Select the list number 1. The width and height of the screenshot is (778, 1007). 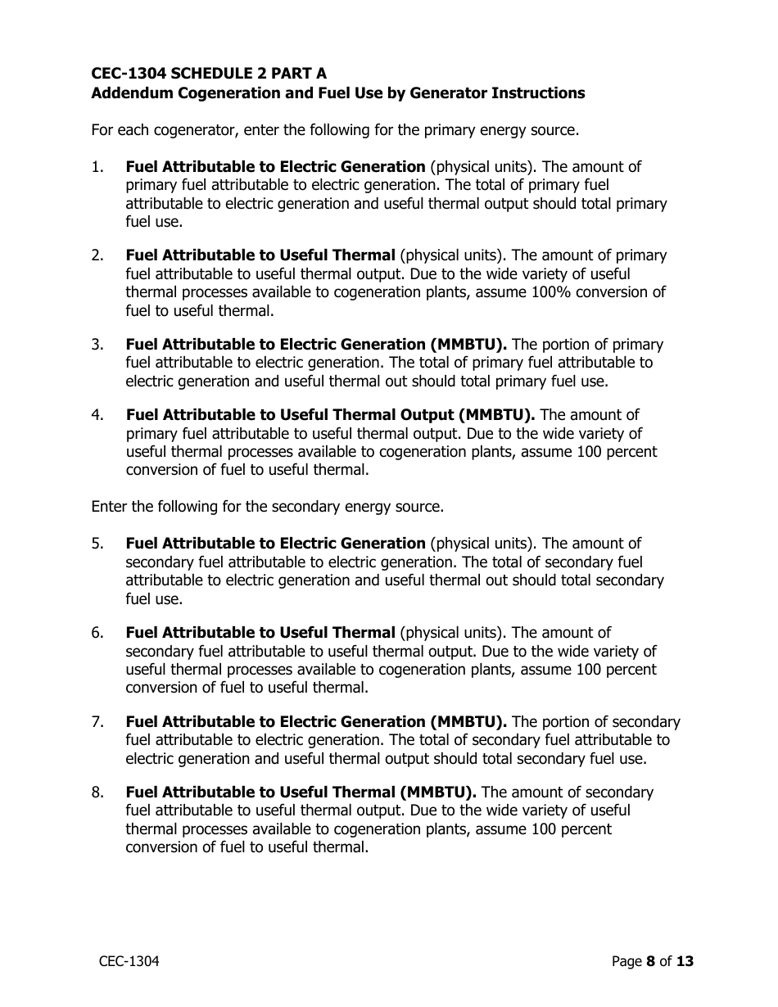tap(97, 167)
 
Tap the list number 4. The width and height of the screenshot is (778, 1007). tap(97, 415)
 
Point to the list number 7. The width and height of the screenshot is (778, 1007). tap(97, 722)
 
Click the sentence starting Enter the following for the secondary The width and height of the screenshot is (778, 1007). tap(267, 507)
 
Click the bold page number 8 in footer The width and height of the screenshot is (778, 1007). tap(650, 961)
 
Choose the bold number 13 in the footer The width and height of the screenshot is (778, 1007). tap(685, 961)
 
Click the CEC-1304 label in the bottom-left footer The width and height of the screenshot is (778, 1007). tap(124, 961)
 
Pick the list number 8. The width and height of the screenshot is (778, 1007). tap(97, 793)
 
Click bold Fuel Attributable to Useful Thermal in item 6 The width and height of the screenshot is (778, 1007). tap(260, 633)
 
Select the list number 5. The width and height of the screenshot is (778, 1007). tap(97, 544)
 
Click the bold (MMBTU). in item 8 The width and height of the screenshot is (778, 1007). tap(437, 793)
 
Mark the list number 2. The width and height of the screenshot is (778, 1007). tap(97, 255)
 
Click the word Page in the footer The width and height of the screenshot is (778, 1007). tap(626, 961)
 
